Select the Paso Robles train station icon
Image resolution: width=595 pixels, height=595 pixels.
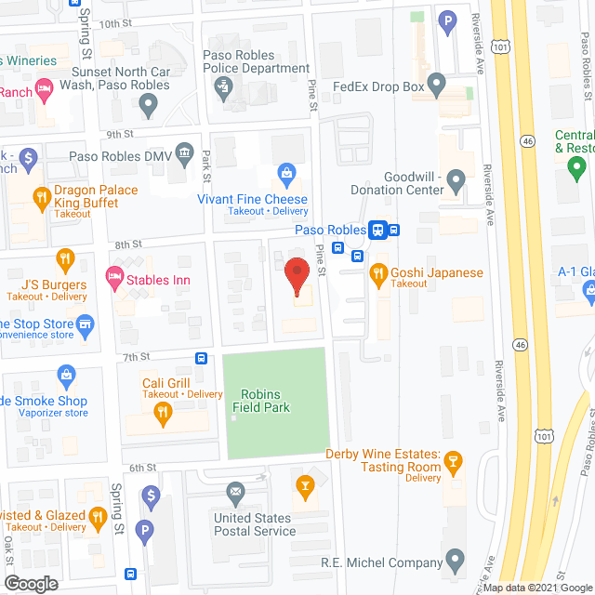pos(378,230)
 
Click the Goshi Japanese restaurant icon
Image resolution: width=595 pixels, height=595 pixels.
pos(377,272)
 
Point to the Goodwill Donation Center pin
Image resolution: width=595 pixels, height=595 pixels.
pos(456,178)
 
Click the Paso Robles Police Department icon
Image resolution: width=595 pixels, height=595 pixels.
pos(222,87)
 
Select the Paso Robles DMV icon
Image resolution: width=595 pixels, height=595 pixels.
pos(184,152)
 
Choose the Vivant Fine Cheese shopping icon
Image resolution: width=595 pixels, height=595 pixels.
pos(287,172)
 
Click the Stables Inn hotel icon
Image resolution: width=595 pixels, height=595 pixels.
pos(115,276)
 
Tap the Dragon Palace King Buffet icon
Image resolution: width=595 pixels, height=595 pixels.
pos(41,196)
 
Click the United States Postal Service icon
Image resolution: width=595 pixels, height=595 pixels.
pos(234,490)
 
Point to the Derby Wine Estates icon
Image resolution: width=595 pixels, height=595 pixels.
pos(454,461)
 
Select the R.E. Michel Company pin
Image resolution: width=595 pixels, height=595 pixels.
pos(455,561)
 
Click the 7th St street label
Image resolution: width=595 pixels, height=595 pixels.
pos(136,356)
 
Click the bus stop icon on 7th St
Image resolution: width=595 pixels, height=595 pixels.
pos(201,358)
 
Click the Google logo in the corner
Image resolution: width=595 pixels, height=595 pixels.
pos(31,584)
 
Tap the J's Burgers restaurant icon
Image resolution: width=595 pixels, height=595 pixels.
pos(64,258)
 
